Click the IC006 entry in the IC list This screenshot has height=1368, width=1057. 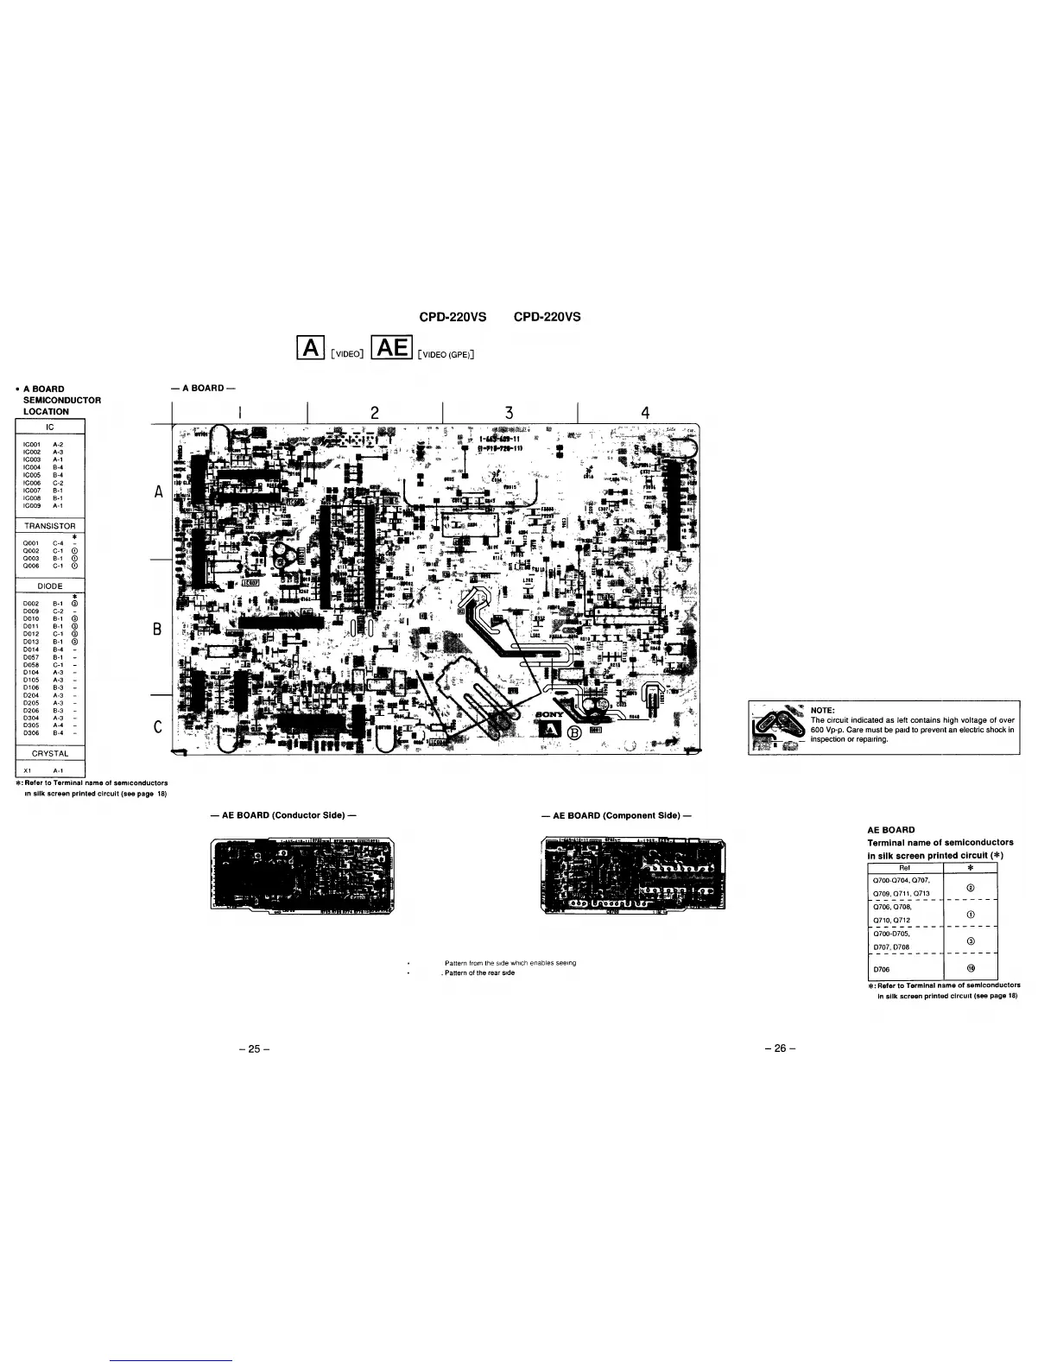click(x=33, y=484)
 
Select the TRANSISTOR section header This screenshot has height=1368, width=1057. click(x=50, y=526)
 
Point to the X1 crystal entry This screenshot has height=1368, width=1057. click(x=28, y=771)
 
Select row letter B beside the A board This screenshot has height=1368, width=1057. click(x=157, y=630)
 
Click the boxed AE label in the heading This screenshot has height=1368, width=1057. click(x=391, y=348)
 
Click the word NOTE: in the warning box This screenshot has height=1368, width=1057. click(x=822, y=711)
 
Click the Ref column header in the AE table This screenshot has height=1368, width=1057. click(x=905, y=868)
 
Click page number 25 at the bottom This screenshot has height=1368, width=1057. click(x=254, y=1049)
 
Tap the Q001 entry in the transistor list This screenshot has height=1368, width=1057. click(x=31, y=543)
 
